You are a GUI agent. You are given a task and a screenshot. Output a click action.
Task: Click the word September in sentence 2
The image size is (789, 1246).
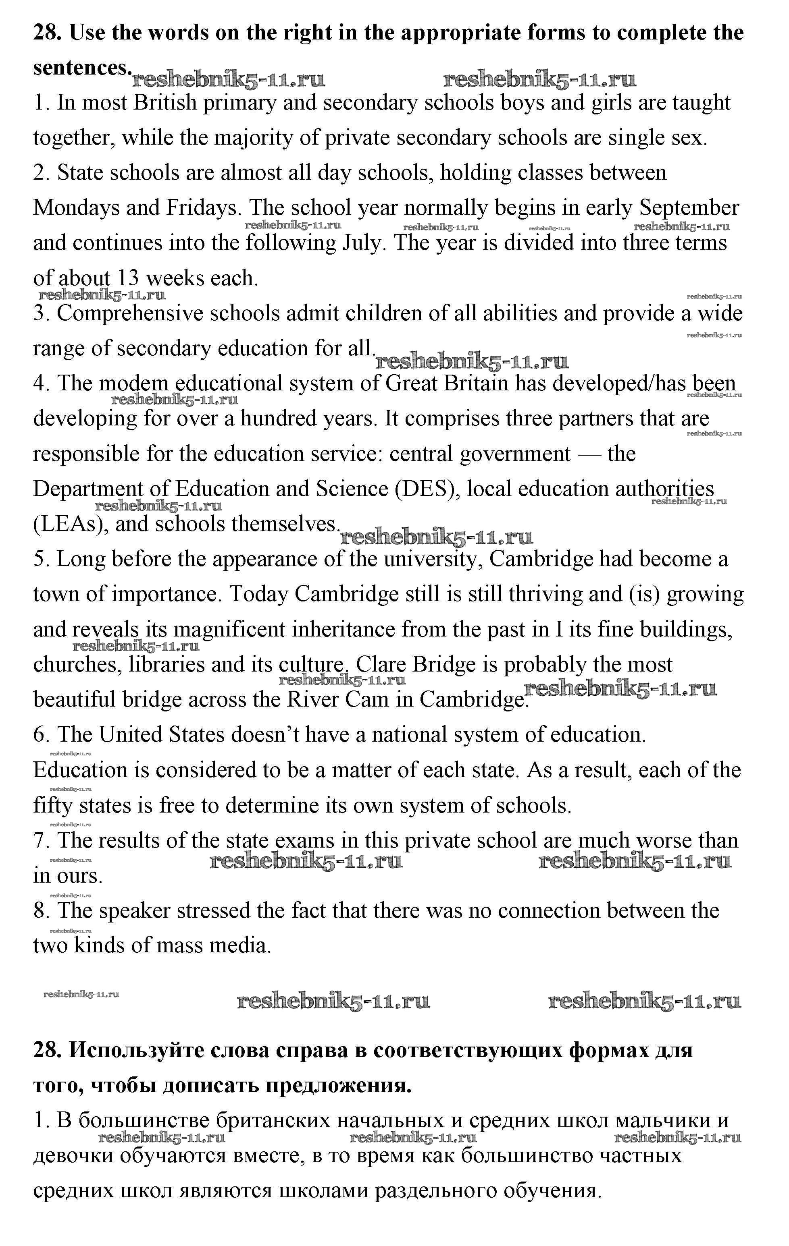689,208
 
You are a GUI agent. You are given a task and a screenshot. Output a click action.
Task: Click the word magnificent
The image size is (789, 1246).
229,630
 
